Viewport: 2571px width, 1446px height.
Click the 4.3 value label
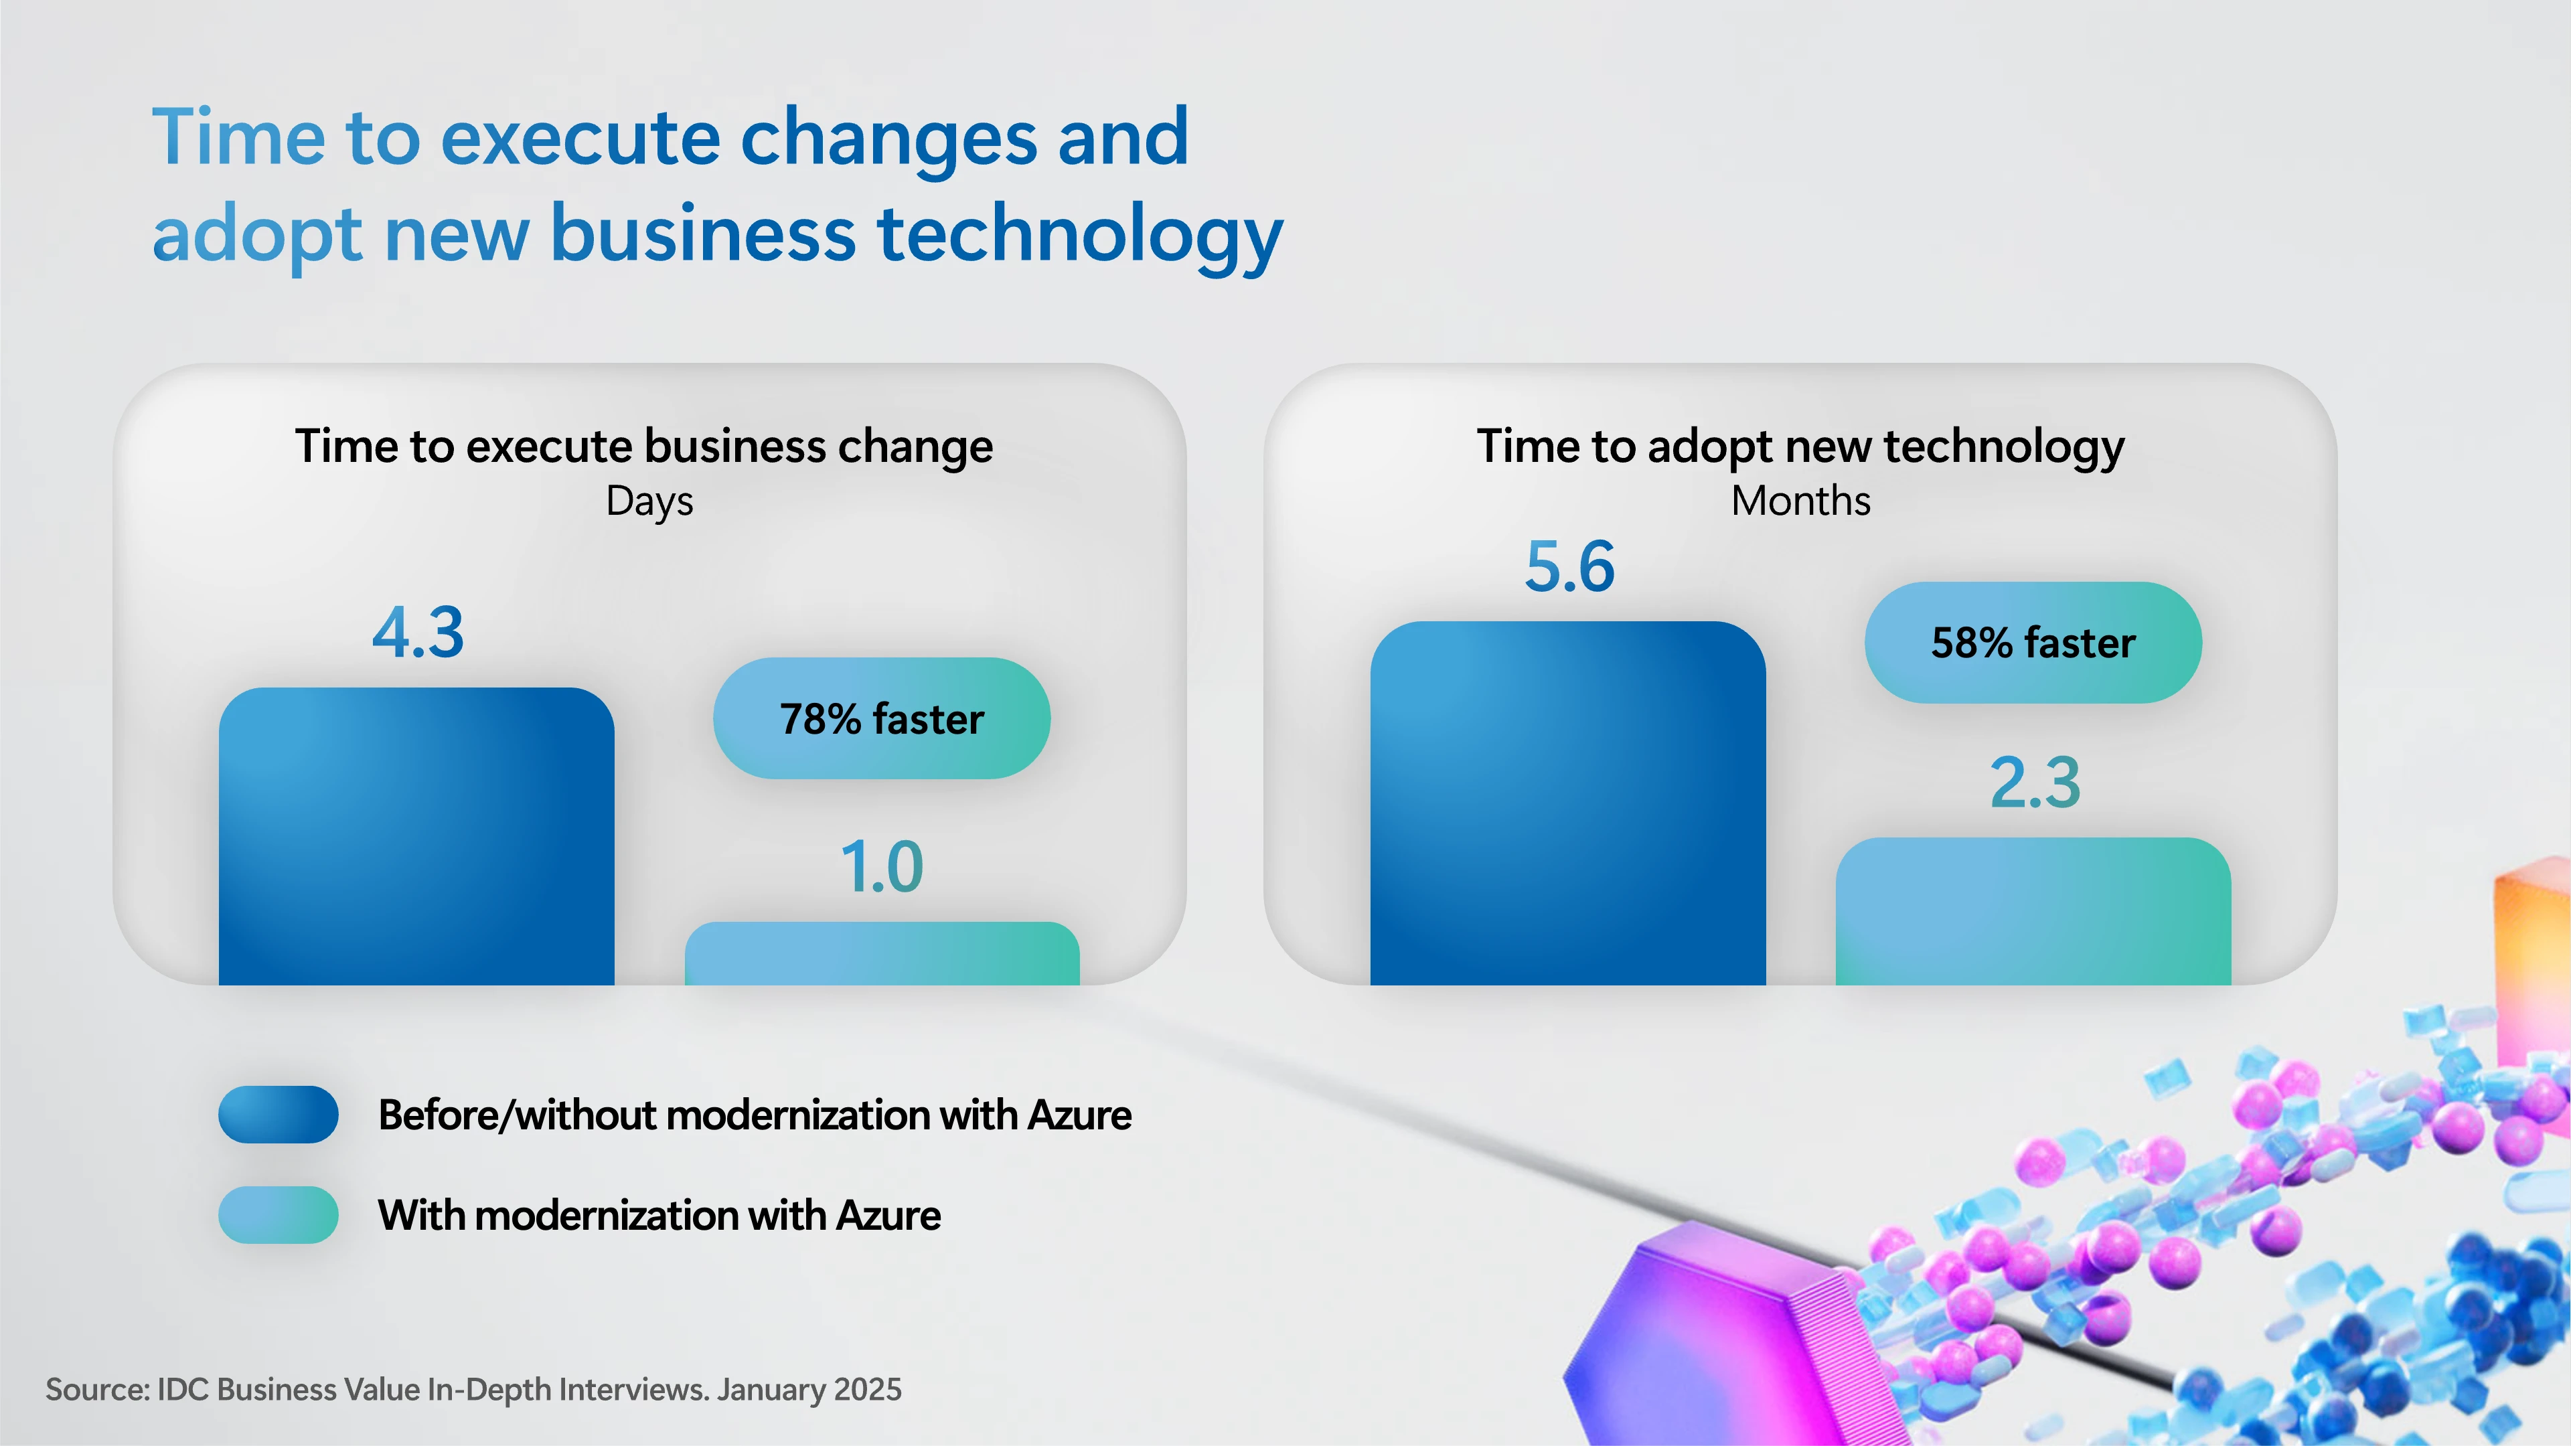click(418, 633)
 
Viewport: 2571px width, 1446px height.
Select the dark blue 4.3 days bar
click(416, 836)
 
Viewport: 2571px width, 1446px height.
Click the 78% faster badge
click(881, 718)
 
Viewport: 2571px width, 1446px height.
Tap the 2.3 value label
click(2035, 783)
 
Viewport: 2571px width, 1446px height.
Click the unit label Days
click(649, 501)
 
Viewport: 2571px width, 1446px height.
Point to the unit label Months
click(1800, 501)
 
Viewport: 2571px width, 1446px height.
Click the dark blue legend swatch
click(279, 1115)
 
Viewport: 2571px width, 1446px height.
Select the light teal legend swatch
click(279, 1214)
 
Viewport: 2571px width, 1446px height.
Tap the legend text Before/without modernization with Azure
click(755, 1115)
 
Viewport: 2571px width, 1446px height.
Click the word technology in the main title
click(1080, 236)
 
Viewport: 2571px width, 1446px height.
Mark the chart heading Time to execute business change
click(643, 446)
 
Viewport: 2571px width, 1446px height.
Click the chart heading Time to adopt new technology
click(1800, 446)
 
